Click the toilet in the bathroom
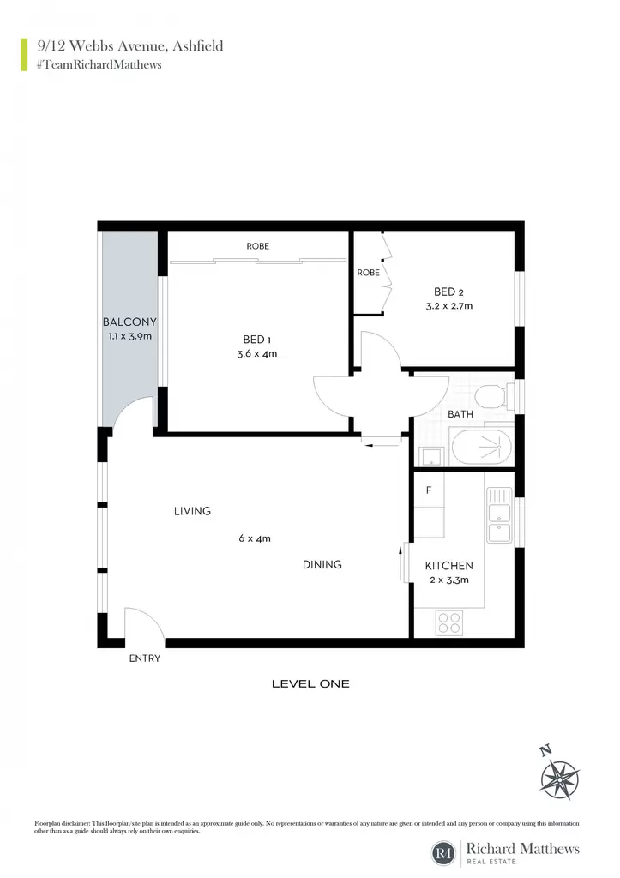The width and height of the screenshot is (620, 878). pyautogui.click(x=494, y=396)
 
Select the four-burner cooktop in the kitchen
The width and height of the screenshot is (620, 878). pyautogui.click(x=449, y=622)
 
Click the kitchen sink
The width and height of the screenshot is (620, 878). pyautogui.click(x=499, y=515)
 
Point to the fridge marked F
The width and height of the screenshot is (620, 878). pyautogui.click(x=429, y=490)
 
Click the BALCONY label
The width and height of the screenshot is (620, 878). pyautogui.click(x=129, y=322)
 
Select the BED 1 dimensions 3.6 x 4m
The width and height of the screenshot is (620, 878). pyautogui.click(x=257, y=354)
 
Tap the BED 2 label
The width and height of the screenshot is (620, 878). pyautogui.click(x=448, y=292)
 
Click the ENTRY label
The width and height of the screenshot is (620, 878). pyautogui.click(x=145, y=658)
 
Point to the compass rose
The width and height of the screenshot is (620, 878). pyautogui.click(x=559, y=779)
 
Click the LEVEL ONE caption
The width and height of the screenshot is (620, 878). pyautogui.click(x=310, y=683)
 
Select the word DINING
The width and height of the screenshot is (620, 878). pyautogui.click(x=322, y=564)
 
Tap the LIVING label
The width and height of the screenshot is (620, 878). pyautogui.click(x=192, y=511)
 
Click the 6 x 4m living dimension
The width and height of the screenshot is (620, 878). pyautogui.click(x=255, y=538)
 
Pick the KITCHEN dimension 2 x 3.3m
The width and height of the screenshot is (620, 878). pyautogui.click(x=449, y=580)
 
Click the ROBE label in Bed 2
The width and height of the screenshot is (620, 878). pyautogui.click(x=368, y=273)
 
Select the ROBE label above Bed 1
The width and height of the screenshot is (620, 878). pyautogui.click(x=257, y=246)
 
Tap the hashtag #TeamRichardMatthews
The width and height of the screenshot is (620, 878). pyautogui.click(x=99, y=64)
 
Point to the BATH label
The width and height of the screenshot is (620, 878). pyautogui.click(x=460, y=414)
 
